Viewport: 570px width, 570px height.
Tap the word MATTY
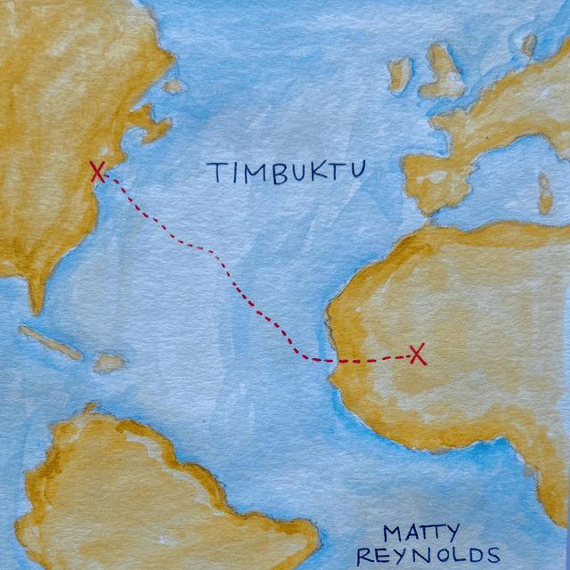(x=420, y=534)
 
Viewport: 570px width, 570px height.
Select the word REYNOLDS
(x=428, y=557)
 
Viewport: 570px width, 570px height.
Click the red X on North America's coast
(x=98, y=172)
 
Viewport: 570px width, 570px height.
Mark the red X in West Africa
(x=417, y=354)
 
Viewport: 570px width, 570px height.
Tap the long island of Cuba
(x=49, y=343)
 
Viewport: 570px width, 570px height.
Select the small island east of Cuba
(x=109, y=362)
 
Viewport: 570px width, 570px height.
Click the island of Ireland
(x=400, y=73)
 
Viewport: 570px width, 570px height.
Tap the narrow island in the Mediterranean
(x=545, y=191)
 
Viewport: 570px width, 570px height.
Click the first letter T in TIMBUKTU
(x=216, y=173)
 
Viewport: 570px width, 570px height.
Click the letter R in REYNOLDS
(x=365, y=558)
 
